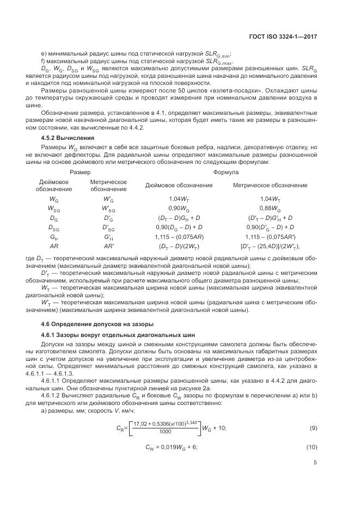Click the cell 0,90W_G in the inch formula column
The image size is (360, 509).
point(179,208)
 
